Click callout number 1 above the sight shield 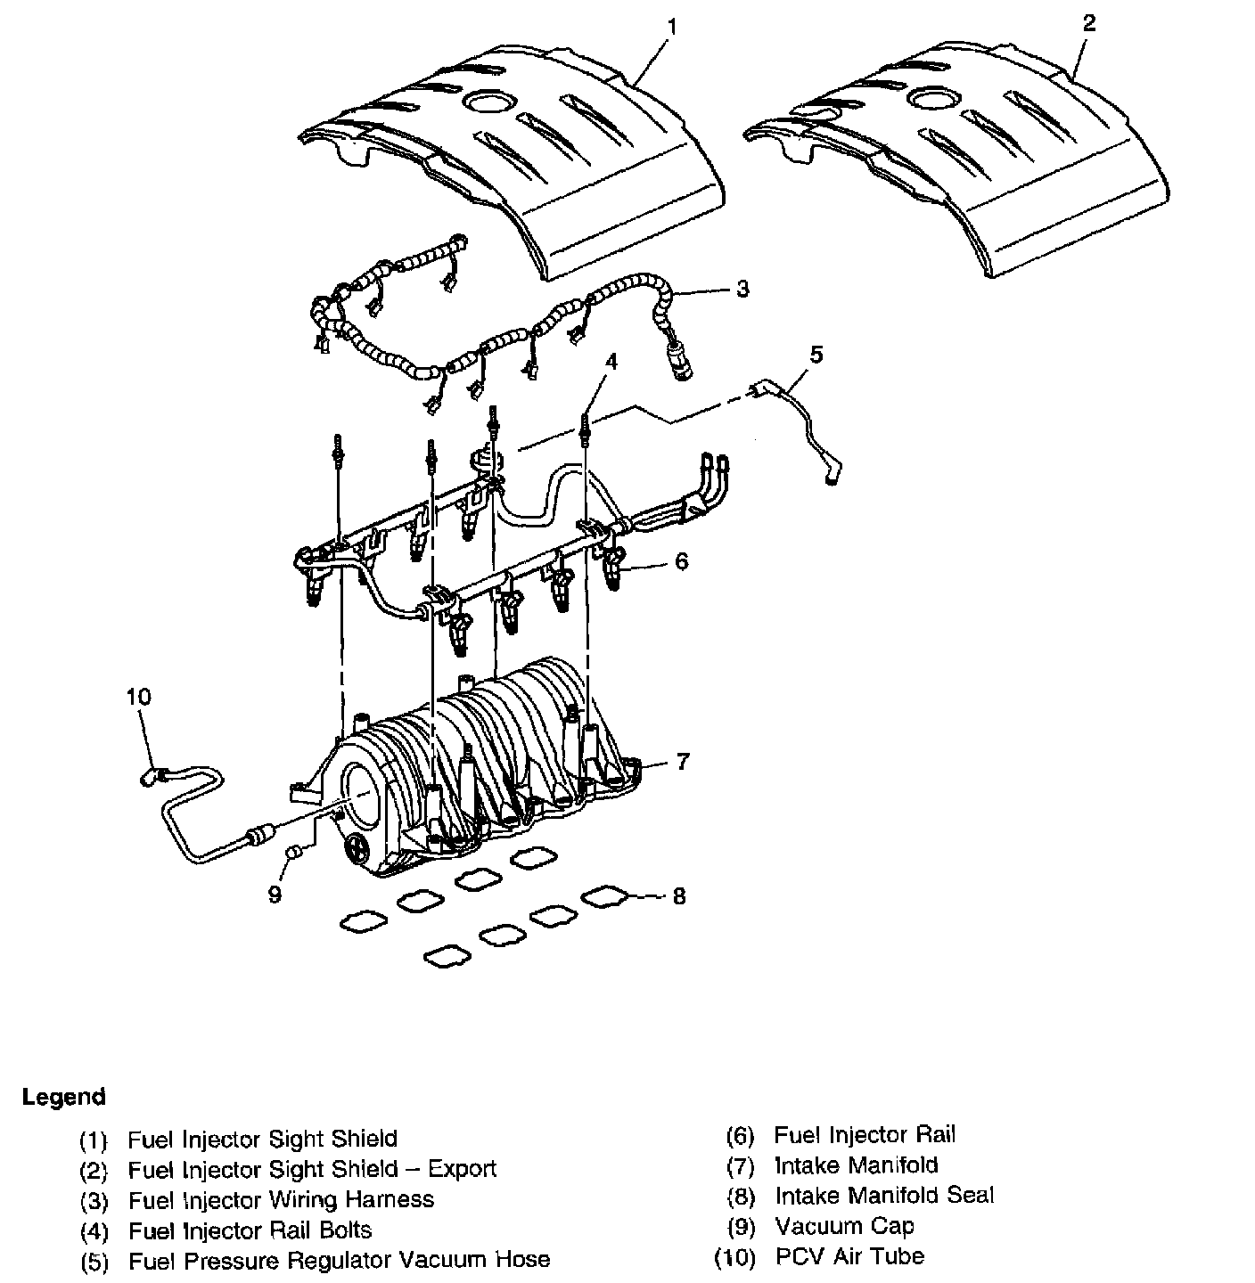pos(671,28)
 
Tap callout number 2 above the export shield pos(1087,23)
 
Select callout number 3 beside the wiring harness pos(742,290)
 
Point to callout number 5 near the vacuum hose pos(816,355)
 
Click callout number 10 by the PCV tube pos(139,697)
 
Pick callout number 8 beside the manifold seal pos(679,896)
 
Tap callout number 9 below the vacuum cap pos(275,894)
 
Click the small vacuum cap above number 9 pos(291,856)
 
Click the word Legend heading pos(64,1097)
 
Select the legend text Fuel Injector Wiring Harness pos(281,1199)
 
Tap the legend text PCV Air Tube pos(849,1256)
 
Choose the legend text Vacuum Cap pos(844,1226)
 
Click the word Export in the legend pos(462,1169)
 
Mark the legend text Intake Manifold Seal pos(883,1196)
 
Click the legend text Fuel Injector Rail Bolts pos(250,1230)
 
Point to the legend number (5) pos(94,1262)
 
